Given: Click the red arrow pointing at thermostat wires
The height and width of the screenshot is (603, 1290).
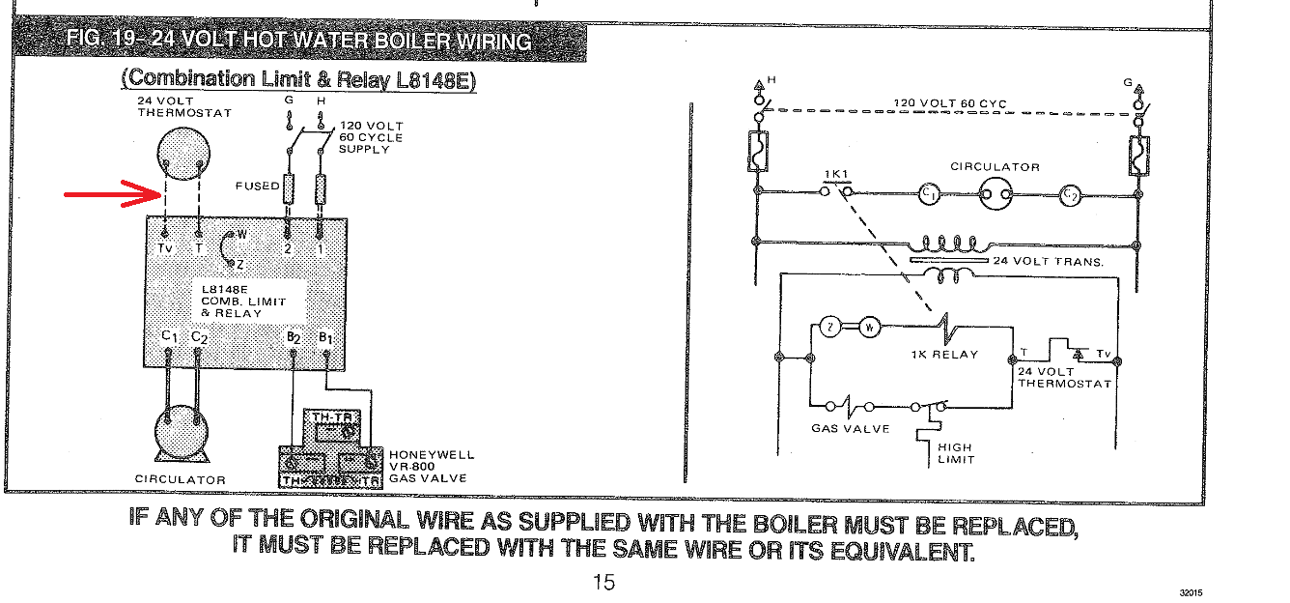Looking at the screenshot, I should click(x=111, y=195).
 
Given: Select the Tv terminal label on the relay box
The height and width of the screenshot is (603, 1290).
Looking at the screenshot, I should click(x=166, y=248).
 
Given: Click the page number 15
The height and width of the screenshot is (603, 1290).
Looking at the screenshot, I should click(x=603, y=583).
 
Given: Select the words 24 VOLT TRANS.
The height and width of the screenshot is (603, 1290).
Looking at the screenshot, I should click(x=1049, y=261).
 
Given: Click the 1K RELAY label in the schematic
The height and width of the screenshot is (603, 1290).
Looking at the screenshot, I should click(x=944, y=355).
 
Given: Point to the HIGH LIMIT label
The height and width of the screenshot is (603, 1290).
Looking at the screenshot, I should click(x=955, y=453).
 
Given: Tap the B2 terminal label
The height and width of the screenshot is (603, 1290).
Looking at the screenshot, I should click(x=294, y=338).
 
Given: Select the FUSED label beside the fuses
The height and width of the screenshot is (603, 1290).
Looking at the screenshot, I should click(x=257, y=186).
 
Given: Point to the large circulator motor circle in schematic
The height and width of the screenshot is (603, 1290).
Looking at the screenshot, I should click(x=995, y=195).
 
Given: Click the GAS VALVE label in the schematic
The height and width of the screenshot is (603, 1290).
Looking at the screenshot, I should click(x=850, y=428).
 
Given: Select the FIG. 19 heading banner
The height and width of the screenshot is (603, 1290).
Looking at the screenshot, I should click(x=299, y=41).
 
